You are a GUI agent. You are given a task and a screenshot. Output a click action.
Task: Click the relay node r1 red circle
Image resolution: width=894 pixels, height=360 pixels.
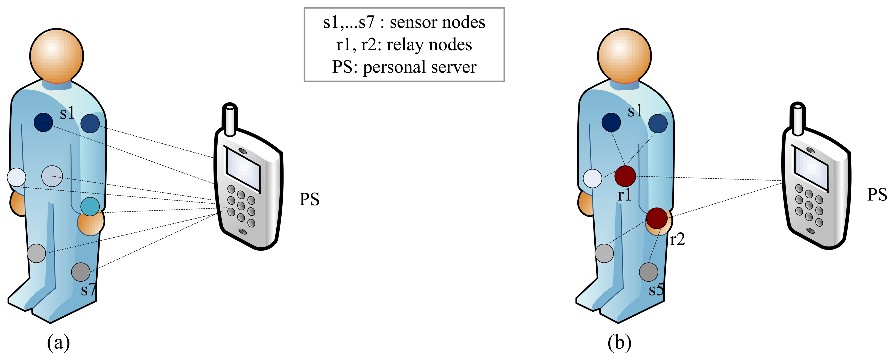pyautogui.click(x=625, y=176)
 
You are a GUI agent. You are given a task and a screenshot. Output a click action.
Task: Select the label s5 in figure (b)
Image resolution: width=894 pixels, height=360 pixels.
pyautogui.click(x=656, y=289)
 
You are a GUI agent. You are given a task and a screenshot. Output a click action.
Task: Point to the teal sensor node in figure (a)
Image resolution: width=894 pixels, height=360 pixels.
pyautogui.click(x=90, y=207)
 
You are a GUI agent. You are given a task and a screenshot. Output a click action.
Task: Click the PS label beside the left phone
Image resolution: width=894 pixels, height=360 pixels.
pyautogui.click(x=309, y=199)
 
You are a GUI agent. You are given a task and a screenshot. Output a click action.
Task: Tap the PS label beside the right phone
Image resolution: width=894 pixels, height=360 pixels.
pyautogui.click(x=877, y=194)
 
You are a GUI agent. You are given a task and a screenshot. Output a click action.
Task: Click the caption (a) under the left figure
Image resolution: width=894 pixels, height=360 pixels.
pyautogui.click(x=58, y=343)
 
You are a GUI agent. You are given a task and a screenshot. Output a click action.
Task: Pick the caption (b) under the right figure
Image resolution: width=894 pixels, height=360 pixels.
pyautogui.click(x=619, y=343)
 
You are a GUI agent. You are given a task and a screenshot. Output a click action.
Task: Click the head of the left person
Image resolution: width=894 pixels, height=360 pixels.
pyautogui.click(x=57, y=56)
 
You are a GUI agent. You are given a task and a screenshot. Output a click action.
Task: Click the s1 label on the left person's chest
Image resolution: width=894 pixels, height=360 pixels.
pyautogui.click(x=67, y=113)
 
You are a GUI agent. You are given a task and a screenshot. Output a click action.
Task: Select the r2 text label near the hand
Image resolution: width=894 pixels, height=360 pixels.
pyautogui.click(x=677, y=239)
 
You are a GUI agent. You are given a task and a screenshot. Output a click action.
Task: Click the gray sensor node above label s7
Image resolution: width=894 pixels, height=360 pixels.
pyautogui.click(x=81, y=272)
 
